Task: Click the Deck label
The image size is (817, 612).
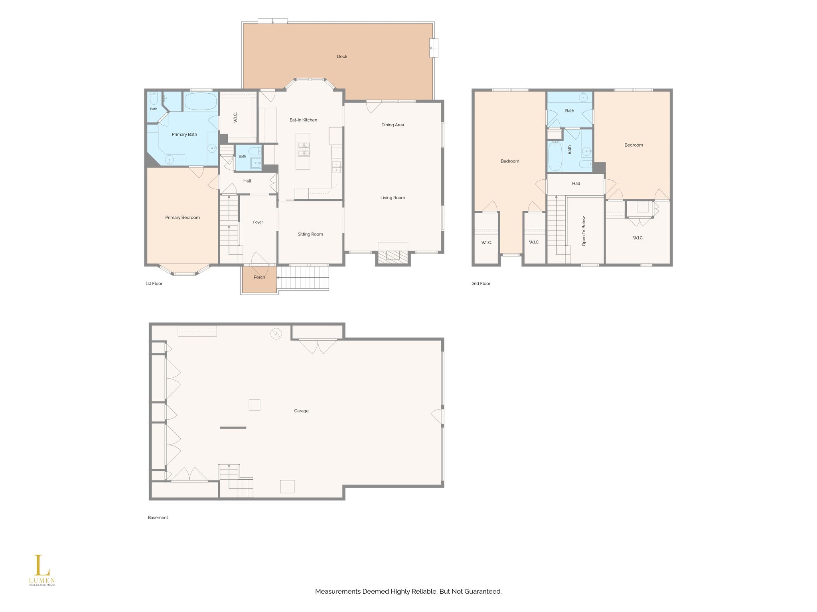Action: click(x=342, y=57)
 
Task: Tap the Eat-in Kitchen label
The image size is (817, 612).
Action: click(x=303, y=120)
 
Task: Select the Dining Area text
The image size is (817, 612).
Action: click(x=393, y=125)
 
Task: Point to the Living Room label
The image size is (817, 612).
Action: click(x=393, y=198)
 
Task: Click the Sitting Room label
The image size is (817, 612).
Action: click(x=310, y=234)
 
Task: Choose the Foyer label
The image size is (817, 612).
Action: click(x=258, y=222)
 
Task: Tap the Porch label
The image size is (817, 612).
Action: click(x=259, y=277)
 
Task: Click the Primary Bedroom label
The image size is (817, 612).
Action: click(x=182, y=218)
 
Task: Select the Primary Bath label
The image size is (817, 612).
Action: click(x=184, y=134)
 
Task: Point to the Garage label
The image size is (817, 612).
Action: click(x=301, y=411)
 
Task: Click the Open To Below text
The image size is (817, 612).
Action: click(x=584, y=231)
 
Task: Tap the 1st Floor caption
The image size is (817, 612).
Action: click(x=154, y=284)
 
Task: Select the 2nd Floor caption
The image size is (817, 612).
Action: click(x=481, y=284)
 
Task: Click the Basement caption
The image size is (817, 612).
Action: click(x=158, y=518)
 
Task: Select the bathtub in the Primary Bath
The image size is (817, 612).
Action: click(x=200, y=102)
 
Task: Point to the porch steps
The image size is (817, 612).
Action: click(x=303, y=278)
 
